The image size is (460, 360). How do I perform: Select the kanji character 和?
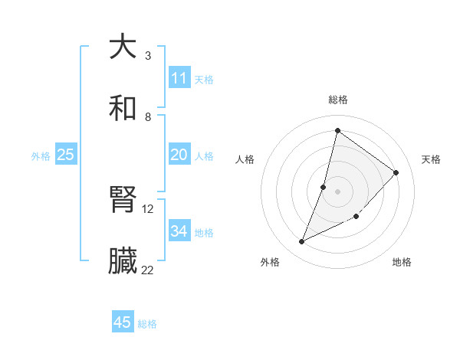(x=123, y=107)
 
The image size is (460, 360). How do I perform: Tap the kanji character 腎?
(x=123, y=200)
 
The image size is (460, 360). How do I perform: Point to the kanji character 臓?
(x=123, y=261)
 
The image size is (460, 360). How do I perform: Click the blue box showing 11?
(x=179, y=78)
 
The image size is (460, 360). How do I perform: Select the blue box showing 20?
(x=179, y=155)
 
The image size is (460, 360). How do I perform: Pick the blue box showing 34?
(x=179, y=231)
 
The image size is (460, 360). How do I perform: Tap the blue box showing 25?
(x=66, y=155)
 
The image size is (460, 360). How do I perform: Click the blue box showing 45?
(x=123, y=322)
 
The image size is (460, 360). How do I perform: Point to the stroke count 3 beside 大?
(x=148, y=56)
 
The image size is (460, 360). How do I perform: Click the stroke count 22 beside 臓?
(x=148, y=270)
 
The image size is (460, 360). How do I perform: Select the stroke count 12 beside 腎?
(x=148, y=209)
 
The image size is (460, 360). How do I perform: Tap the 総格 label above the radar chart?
(x=338, y=100)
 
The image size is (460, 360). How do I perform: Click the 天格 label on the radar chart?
(x=431, y=159)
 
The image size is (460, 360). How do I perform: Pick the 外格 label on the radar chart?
(x=270, y=262)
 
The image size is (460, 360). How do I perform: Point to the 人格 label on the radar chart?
(x=245, y=159)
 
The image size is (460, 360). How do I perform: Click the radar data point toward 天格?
(x=396, y=172)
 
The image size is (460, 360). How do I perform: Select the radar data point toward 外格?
(x=302, y=242)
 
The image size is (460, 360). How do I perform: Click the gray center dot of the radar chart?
(x=337, y=191)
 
